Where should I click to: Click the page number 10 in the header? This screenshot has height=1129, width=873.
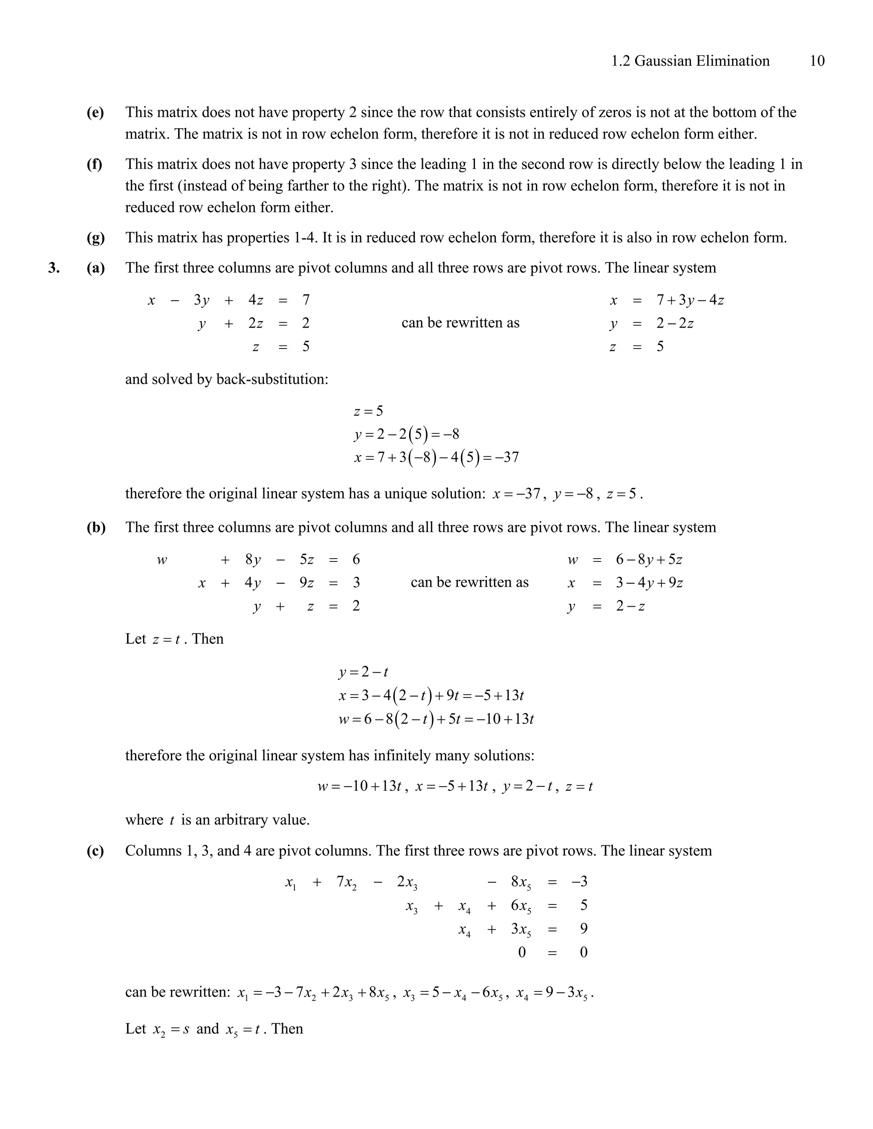pos(817,61)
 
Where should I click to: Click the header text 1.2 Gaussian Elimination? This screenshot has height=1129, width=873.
pos(690,61)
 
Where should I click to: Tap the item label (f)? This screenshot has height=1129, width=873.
pos(94,164)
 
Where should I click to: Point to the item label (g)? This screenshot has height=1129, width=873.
pos(95,237)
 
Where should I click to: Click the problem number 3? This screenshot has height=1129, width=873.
pos(54,268)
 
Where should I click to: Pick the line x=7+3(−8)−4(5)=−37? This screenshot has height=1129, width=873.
pos(436,457)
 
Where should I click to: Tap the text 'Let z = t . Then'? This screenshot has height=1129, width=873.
pos(174,639)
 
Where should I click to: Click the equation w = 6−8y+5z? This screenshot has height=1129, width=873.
pos(625,559)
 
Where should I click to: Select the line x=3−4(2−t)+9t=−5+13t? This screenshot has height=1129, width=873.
pos(431,695)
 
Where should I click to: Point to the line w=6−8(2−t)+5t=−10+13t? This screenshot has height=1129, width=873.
pos(436,719)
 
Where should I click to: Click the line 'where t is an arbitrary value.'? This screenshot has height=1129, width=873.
pos(217,820)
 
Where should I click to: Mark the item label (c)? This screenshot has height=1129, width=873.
pos(95,851)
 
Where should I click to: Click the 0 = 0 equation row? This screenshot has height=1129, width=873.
pos(552,952)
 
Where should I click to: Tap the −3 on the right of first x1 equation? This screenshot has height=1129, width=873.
pos(579,881)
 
